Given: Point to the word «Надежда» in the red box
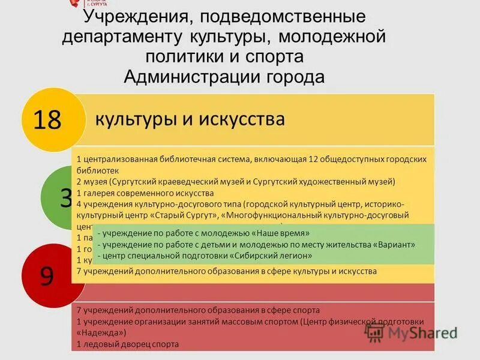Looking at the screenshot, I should point(101,332).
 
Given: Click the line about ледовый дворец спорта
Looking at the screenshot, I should point(128,344).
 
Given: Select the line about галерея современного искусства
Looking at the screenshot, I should point(145,193).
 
